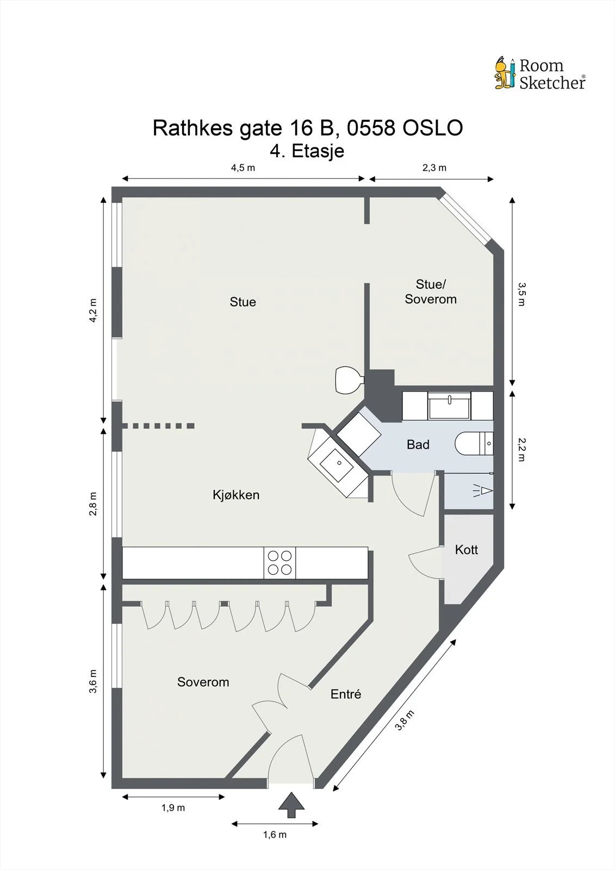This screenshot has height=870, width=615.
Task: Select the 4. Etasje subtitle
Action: (307, 151)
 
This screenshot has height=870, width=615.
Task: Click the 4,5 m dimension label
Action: (243, 168)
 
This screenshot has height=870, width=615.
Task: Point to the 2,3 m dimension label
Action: (434, 168)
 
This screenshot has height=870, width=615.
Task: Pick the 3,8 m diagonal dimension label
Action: (405, 720)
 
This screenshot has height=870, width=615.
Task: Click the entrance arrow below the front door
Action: (291, 805)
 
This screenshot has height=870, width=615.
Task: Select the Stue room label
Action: (243, 302)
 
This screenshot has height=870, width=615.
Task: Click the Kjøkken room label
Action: (236, 495)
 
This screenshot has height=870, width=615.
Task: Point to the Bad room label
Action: (418, 444)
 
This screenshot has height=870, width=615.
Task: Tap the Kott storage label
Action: (466, 550)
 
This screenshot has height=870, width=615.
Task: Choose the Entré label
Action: (346, 694)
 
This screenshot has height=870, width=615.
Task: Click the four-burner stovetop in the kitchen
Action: (279, 563)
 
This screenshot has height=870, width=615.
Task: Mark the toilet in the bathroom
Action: (474, 443)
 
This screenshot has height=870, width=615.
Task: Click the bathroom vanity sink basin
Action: (449, 406)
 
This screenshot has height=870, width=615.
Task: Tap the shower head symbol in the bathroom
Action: (483, 491)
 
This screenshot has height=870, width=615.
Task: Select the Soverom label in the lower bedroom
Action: (203, 682)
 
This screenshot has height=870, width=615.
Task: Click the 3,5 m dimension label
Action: (521, 294)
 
